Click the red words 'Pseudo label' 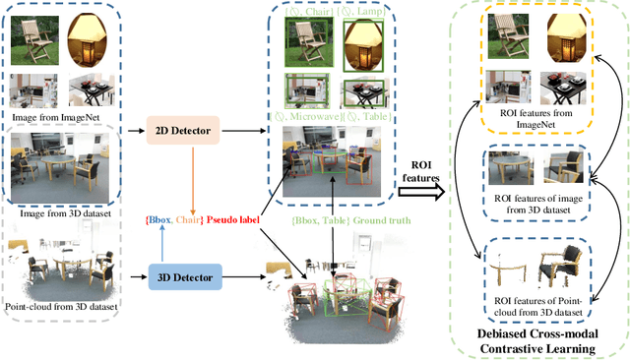(x=231, y=217)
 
